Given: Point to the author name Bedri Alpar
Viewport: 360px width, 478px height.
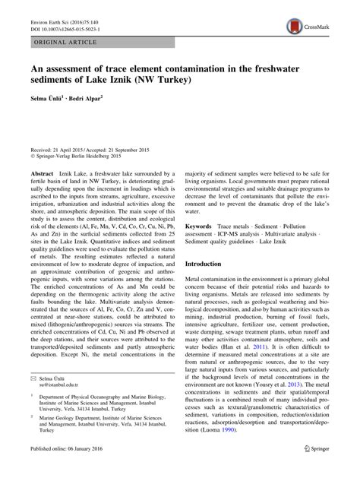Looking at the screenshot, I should (96, 100).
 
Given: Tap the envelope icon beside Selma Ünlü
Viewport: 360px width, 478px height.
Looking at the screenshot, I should (33, 377).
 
